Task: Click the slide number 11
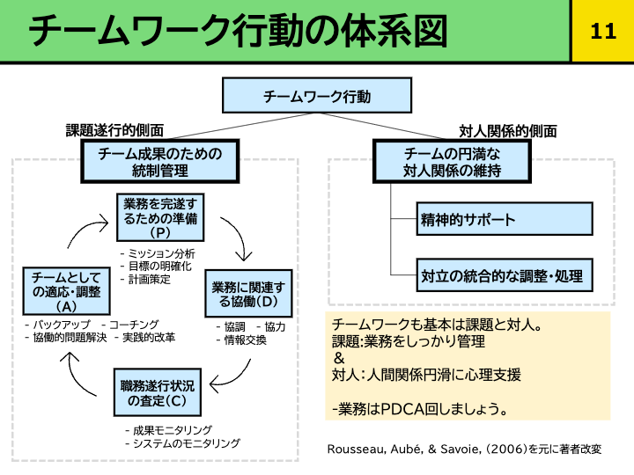pos(603,32)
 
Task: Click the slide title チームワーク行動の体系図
pos(238,32)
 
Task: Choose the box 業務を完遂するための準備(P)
pos(160,217)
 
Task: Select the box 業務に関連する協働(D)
pos(248,295)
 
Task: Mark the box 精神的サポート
pos(505,220)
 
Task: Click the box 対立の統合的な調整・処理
pos(505,275)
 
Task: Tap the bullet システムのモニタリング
pos(186,443)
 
